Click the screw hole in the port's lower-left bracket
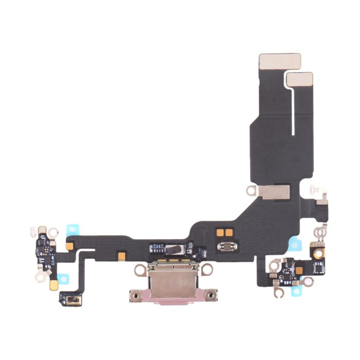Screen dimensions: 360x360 [x=136, y=296]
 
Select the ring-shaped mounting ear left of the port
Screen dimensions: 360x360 [x=139, y=269]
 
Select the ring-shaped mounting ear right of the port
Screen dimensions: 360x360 [x=207, y=269]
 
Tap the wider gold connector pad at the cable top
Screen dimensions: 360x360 [x=279, y=60]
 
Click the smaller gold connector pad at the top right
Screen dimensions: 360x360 [x=300, y=79]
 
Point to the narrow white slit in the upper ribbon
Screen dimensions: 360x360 [x=293, y=111]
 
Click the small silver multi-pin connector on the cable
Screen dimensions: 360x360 [x=225, y=246]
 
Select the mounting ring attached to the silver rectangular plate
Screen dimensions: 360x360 [x=251, y=191]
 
